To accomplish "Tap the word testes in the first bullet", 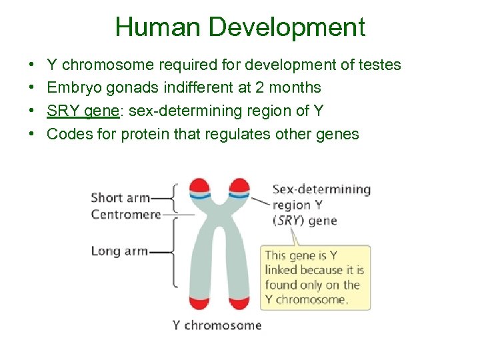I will point(379,65).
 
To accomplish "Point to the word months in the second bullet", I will point(298,87).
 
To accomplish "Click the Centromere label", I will point(126,214).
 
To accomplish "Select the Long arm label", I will point(119,251).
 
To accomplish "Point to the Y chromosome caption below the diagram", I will point(217,325).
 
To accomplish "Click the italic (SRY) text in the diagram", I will point(287,221).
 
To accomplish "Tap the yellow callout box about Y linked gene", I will point(315,277).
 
